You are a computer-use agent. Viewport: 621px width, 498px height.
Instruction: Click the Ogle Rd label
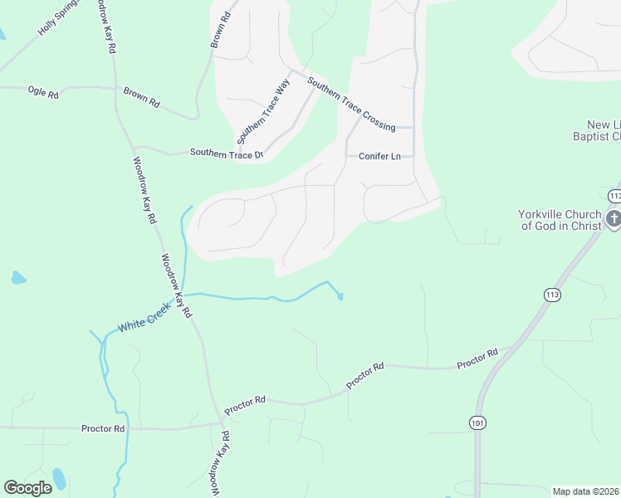pos(43,93)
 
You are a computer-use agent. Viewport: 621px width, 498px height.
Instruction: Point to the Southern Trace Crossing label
pos(350,104)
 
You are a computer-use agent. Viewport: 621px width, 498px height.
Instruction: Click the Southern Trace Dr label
pos(226,153)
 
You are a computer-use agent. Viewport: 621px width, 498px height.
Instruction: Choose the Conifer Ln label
pos(379,156)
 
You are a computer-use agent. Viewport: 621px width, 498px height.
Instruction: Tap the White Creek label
pos(144,317)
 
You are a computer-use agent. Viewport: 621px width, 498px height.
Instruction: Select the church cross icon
pos(614,219)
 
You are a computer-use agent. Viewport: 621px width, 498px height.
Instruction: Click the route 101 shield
pos(477,422)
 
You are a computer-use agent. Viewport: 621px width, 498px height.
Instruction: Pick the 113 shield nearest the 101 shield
pos(552,294)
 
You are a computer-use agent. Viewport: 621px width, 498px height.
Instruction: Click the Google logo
pos(27,487)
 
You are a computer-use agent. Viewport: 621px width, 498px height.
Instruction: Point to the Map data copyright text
pos(585,491)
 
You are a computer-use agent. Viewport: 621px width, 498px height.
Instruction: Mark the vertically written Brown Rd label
pos(219,29)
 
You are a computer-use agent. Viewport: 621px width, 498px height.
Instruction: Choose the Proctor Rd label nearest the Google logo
pos(103,428)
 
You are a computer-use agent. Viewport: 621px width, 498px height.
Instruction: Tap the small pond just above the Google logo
pos(58,477)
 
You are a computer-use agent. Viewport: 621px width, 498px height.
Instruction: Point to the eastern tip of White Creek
pos(340,296)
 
